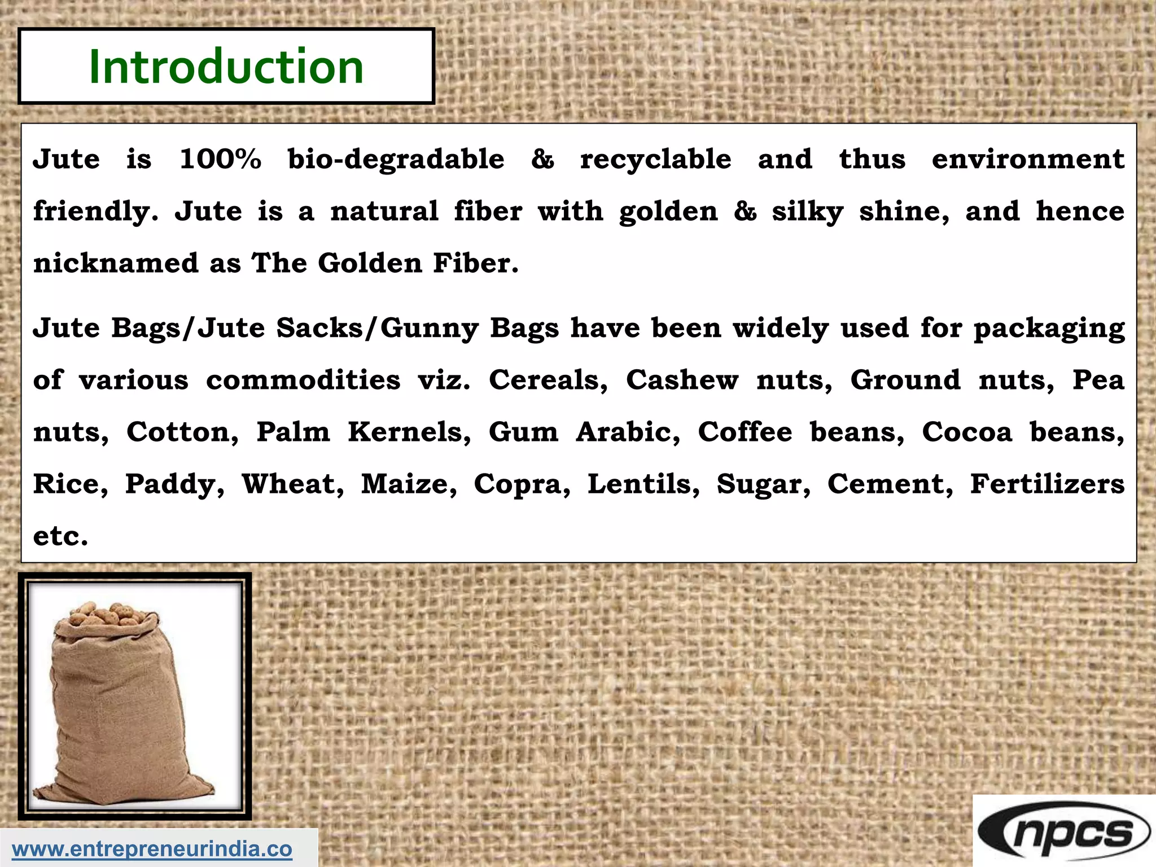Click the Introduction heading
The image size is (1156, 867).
point(226,67)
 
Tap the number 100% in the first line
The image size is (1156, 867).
point(220,159)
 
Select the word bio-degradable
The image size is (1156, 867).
point(396,159)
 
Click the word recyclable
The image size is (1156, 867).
point(656,159)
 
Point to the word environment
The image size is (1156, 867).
point(1028,159)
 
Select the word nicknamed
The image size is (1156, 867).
point(116,263)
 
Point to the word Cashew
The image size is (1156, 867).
point(682,380)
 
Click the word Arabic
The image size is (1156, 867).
point(628,432)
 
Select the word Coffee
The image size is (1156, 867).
point(745,432)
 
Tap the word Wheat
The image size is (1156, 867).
point(292,484)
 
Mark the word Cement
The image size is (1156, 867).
point(890,484)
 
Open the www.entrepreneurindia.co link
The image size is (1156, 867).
point(152,849)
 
